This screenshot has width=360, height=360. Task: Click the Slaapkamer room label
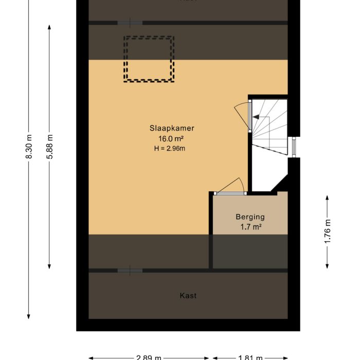point(172,129)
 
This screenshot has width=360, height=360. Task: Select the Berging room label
point(250,217)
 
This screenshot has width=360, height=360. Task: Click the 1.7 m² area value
point(250,227)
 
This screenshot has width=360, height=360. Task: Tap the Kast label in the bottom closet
point(188,296)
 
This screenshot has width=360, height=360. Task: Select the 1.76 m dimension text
point(328,231)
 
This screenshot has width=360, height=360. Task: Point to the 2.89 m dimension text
point(149,357)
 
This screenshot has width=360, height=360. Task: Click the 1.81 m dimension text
point(250,357)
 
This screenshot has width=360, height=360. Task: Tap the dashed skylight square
point(148,59)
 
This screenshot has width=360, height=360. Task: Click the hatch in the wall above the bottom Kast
point(130,271)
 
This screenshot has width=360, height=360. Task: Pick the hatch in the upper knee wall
point(130,23)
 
